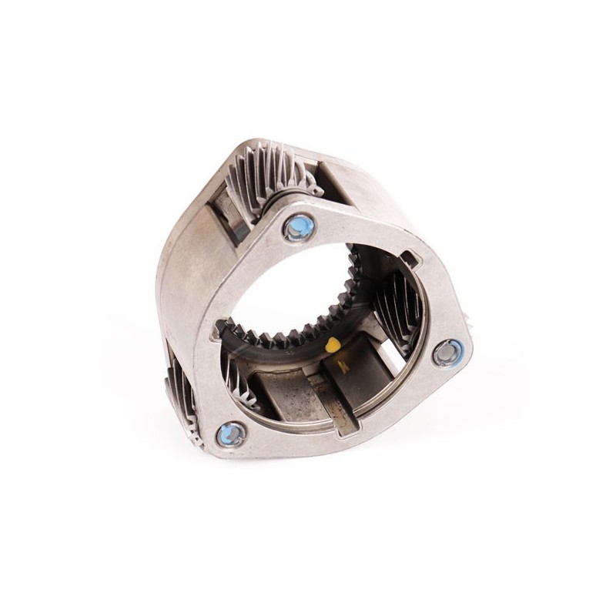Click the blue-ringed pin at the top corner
(299, 227)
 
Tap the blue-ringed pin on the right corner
(448, 353)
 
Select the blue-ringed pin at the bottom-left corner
(232, 434)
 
